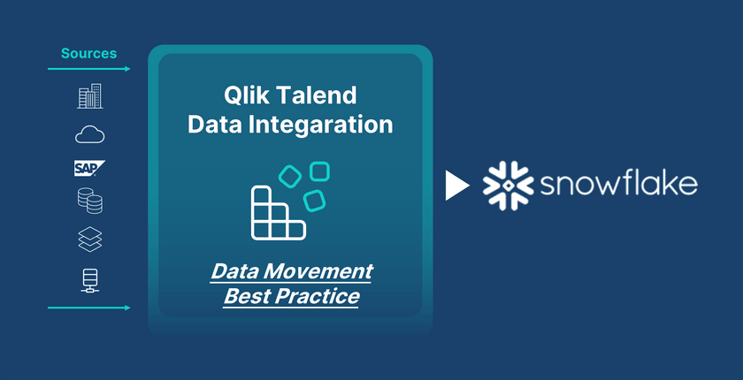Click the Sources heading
88,54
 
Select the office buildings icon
89,96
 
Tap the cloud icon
90,134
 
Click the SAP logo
89,168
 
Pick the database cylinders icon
90,201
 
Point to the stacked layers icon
90,239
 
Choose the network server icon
90,281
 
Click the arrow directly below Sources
88,69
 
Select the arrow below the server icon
88,308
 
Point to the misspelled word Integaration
322,125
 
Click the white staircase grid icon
278,212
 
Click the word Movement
318,271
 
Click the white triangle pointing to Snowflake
456,186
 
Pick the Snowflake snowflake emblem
508,186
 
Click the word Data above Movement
234,271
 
